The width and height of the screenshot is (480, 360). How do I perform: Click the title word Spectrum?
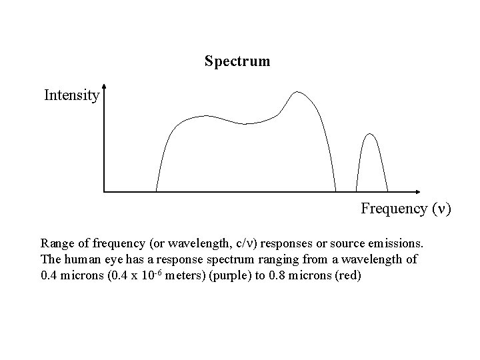pyautogui.click(x=237, y=62)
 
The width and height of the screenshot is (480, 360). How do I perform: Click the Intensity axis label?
pyautogui.click(x=71, y=95)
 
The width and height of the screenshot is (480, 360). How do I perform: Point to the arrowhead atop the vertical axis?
pyautogui.click(x=105, y=87)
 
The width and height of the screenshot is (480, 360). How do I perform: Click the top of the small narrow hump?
pyautogui.click(x=371, y=135)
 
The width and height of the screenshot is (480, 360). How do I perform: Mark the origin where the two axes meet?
pyautogui.click(x=105, y=192)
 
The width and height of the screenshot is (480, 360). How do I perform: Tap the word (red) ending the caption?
pyautogui.click(x=346, y=276)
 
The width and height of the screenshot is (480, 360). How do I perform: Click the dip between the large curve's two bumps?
pyautogui.click(x=246, y=123)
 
